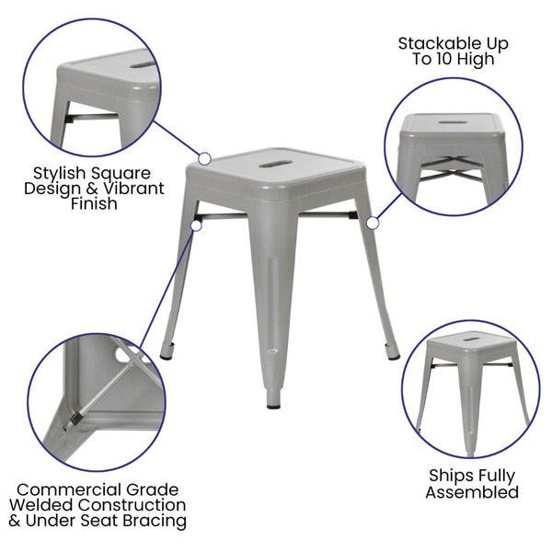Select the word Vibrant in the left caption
point(134,189)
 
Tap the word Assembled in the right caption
point(473,492)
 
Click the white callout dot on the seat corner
point(204,158)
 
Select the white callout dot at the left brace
point(195,221)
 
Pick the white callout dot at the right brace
point(373,222)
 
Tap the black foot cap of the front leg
point(274,403)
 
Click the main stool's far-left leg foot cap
point(166,352)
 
